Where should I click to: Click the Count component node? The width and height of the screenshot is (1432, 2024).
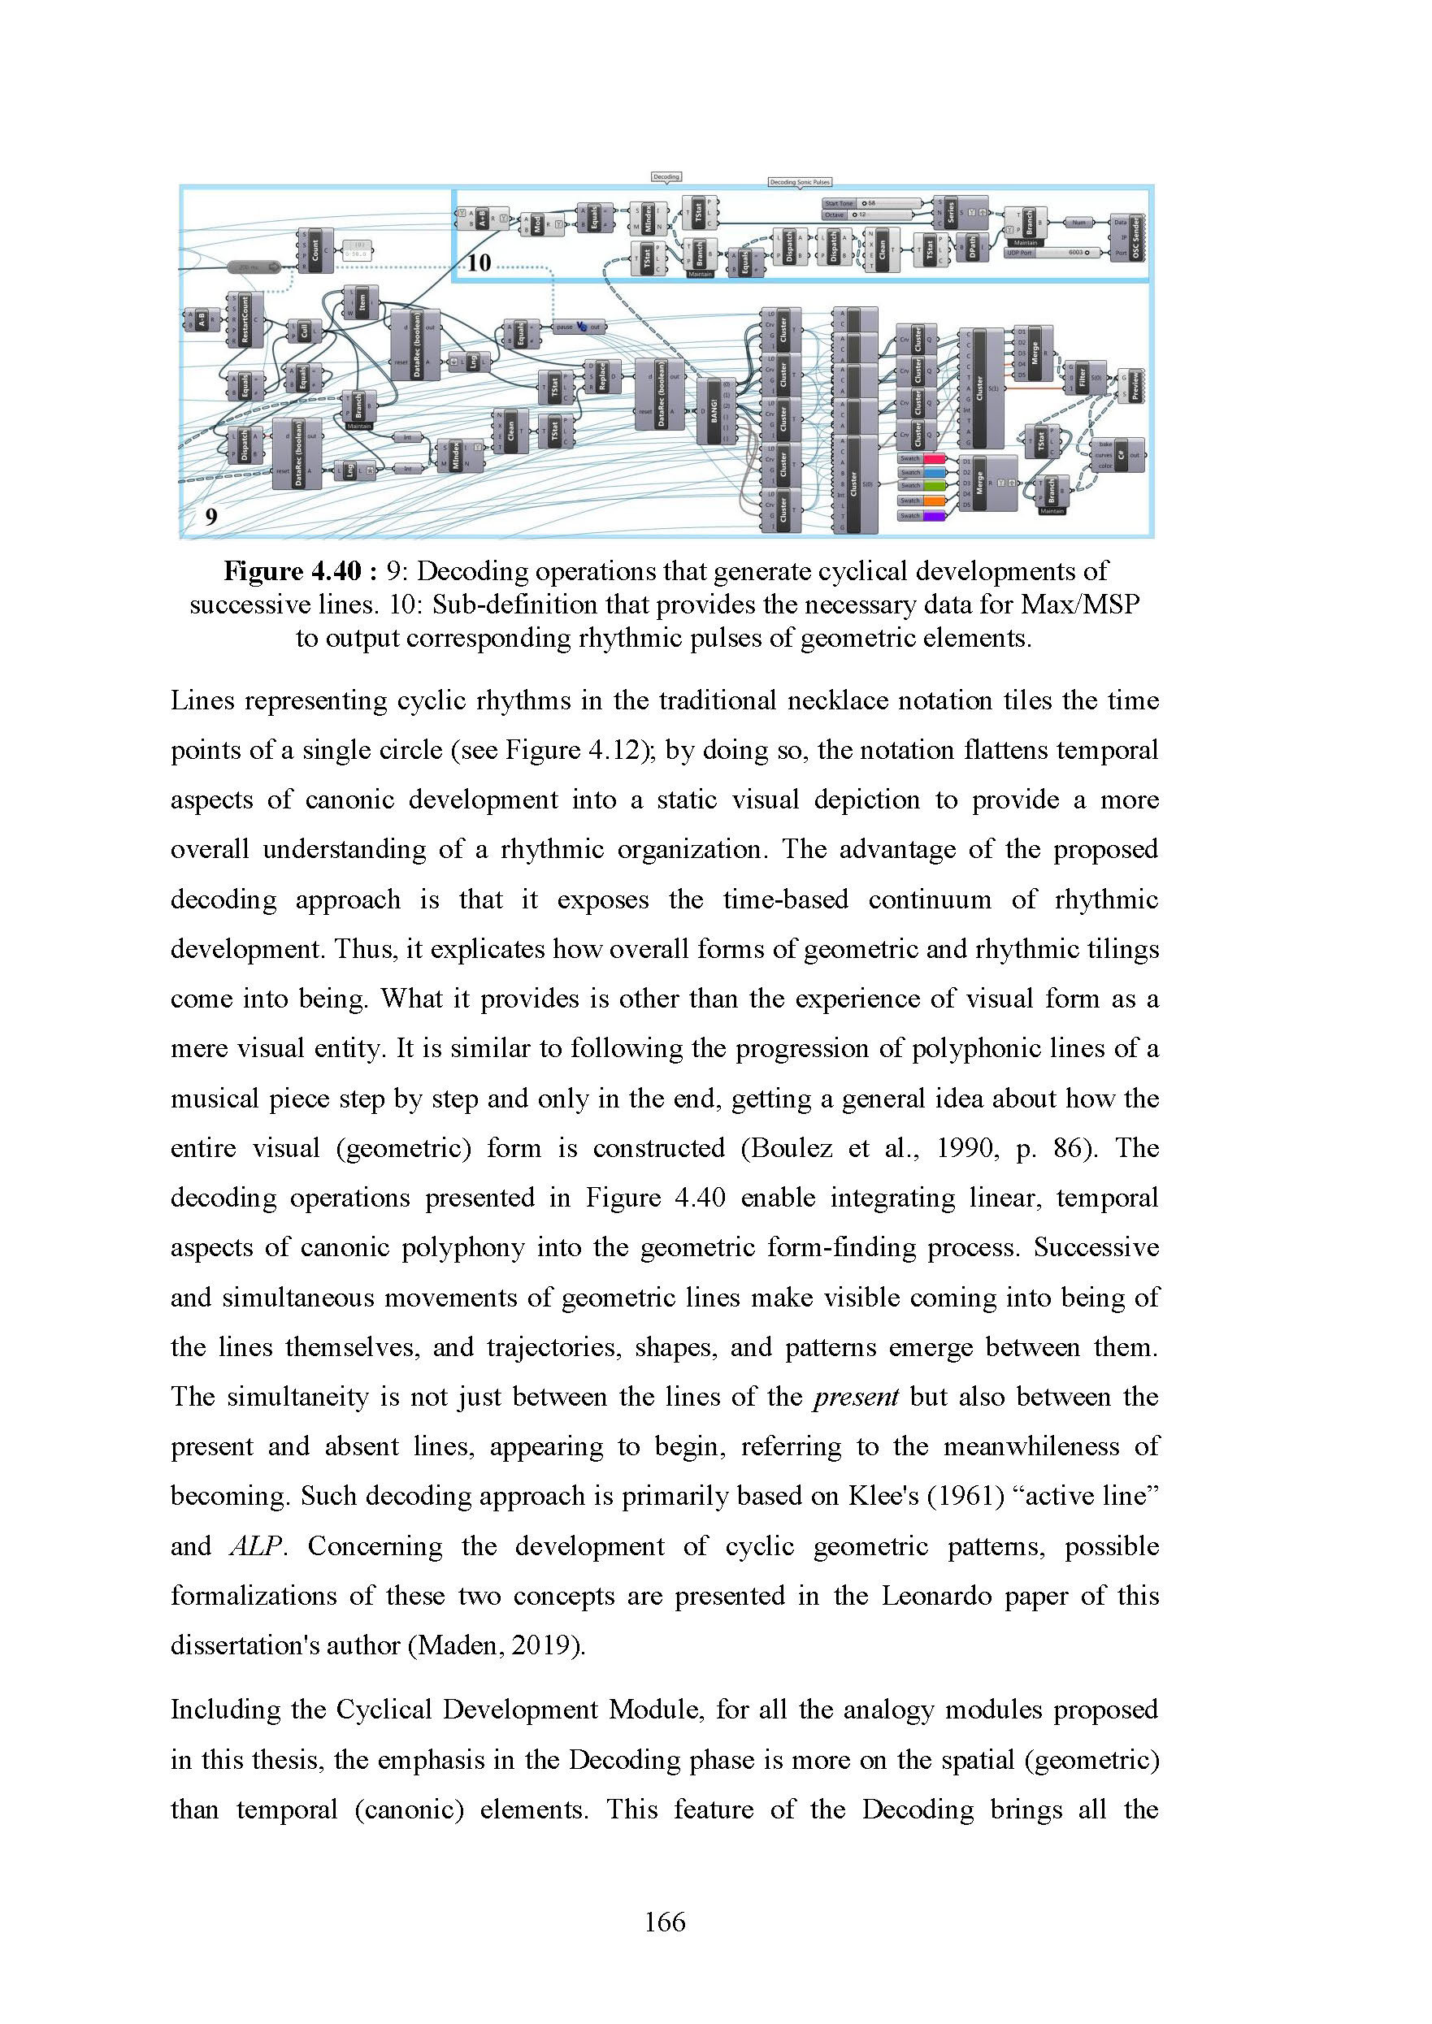pyautogui.click(x=315, y=250)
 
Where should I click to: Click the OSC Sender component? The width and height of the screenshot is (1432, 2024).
pyautogui.click(x=1137, y=236)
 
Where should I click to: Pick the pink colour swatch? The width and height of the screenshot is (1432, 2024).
pyautogui.click(x=934, y=458)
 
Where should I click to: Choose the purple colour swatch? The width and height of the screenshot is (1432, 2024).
pyautogui.click(x=934, y=516)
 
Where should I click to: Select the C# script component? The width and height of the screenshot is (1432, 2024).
pyautogui.click(x=1122, y=455)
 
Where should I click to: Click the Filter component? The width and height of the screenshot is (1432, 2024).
pyautogui.click(x=1083, y=375)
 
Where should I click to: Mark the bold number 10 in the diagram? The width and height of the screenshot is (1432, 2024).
pyautogui.click(x=479, y=262)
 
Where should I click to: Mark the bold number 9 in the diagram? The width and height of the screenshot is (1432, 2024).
pyautogui.click(x=210, y=517)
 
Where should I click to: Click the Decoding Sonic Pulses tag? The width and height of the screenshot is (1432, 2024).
pyautogui.click(x=800, y=183)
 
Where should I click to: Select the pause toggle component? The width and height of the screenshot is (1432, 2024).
pyautogui.click(x=579, y=327)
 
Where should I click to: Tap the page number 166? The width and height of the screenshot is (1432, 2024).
pyautogui.click(x=665, y=1922)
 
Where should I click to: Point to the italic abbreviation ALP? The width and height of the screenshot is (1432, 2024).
pyautogui.click(x=256, y=1546)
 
